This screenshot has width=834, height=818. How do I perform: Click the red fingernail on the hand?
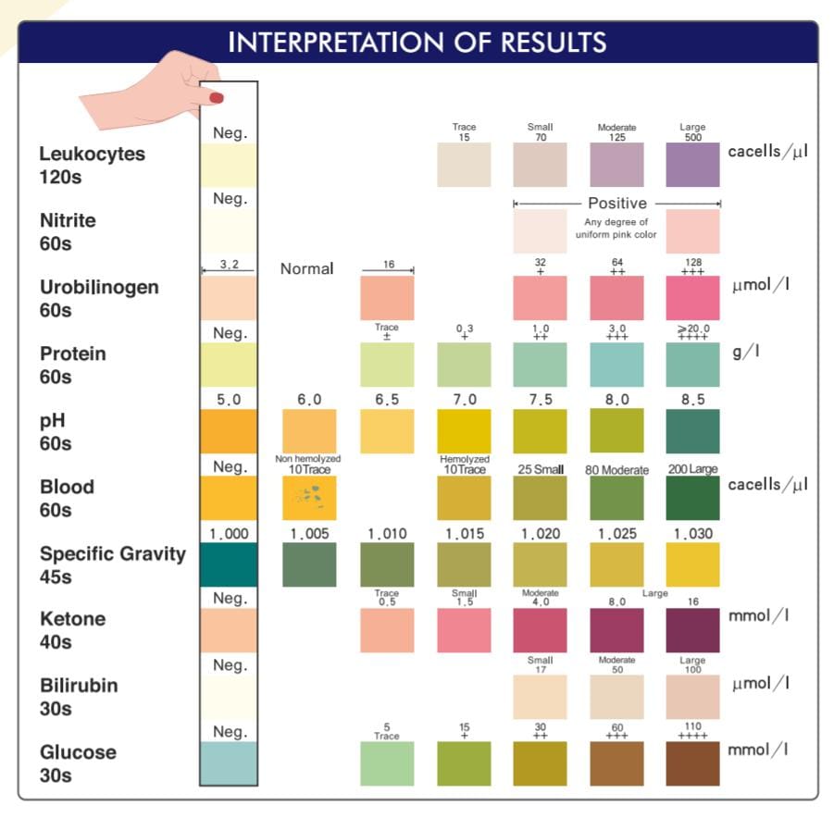pos(217,97)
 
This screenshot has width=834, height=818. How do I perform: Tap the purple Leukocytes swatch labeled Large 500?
pos(692,165)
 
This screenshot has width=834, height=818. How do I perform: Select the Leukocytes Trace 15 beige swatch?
pos(464,165)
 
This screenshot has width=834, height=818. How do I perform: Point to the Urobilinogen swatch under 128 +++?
pos(692,298)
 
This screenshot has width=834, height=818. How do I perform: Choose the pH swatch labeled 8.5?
pos(692,430)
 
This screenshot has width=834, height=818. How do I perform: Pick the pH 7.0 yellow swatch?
pos(464,430)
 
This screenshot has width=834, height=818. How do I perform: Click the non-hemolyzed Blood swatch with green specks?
pos(309,498)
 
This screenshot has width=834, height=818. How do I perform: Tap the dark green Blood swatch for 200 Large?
pos(692,498)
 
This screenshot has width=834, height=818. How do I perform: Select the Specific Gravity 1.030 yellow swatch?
pos(692,564)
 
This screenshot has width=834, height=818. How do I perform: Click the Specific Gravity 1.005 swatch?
pos(309,564)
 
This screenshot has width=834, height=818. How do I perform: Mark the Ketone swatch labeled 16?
pos(692,630)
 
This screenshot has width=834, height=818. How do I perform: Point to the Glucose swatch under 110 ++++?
pos(692,763)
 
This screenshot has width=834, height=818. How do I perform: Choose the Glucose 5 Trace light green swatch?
pos(387,763)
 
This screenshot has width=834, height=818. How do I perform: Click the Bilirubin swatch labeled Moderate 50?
pos(616,697)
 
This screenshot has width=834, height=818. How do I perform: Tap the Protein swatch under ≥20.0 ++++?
pos(692,365)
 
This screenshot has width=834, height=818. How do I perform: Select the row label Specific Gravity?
pos(112,554)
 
